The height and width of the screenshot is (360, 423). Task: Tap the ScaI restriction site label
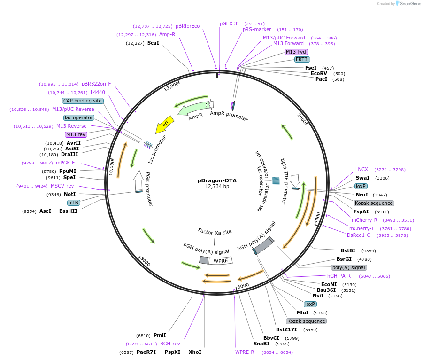(x=154, y=43)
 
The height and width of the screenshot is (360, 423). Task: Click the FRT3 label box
(x=301, y=59)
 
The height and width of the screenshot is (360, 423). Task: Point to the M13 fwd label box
(x=296, y=52)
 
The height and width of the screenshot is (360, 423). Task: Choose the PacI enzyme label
(x=322, y=79)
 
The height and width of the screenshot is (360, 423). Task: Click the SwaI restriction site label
(x=362, y=178)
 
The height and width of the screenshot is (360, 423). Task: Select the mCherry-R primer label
(x=364, y=220)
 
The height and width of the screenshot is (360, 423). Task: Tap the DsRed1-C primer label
(x=359, y=235)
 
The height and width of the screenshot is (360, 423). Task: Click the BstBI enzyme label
(x=348, y=250)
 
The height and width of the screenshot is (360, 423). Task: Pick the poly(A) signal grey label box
(x=348, y=267)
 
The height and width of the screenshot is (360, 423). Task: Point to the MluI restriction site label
(x=303, y=313)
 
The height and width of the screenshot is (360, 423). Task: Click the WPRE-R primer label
(x=245, y=352)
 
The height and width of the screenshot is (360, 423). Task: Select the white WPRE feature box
(x=220, y=261)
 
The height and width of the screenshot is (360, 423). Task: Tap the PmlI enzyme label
(x=160, y=335)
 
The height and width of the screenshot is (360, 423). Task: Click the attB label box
(x=74, y=203)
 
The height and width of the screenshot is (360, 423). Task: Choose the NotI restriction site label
(x=69, y=194)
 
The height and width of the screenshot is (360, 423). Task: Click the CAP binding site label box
(x=83, y=101)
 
